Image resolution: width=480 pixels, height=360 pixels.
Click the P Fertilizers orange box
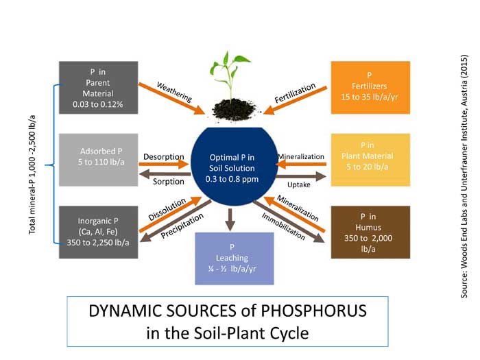(x=370, y=87)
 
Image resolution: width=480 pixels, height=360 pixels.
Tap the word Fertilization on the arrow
(x=295, y=93)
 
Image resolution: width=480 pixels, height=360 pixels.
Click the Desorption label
(x=163, y=156)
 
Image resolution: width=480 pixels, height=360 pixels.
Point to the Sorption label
(x=169, y=182)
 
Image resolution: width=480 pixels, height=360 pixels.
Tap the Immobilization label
(x=283, y=225)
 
